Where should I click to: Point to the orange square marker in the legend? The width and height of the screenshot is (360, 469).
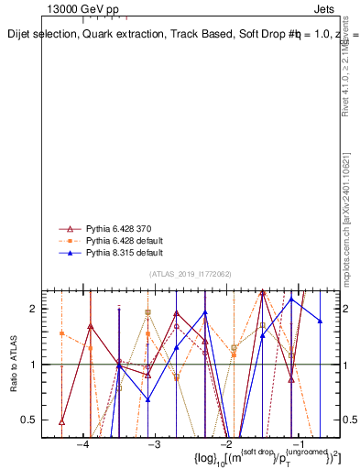pos(66,240)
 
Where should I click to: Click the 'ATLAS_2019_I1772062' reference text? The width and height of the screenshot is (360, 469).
pos(190,274)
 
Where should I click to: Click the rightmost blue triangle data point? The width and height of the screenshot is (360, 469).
pos(320,321)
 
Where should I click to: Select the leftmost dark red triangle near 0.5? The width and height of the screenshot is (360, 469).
pos(61,421)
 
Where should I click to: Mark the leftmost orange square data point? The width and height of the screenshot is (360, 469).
pos(61,333)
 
